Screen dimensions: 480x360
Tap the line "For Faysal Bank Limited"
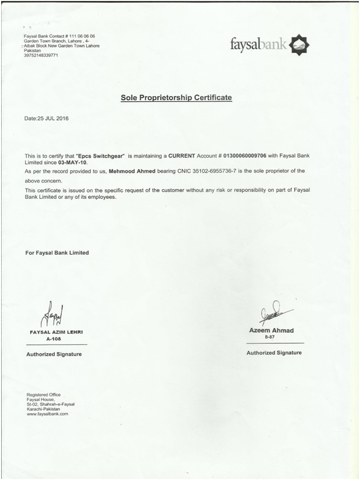coord(57,253)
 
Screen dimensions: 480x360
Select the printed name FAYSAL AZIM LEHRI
coord(56,332)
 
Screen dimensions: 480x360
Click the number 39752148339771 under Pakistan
coord(41,55)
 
